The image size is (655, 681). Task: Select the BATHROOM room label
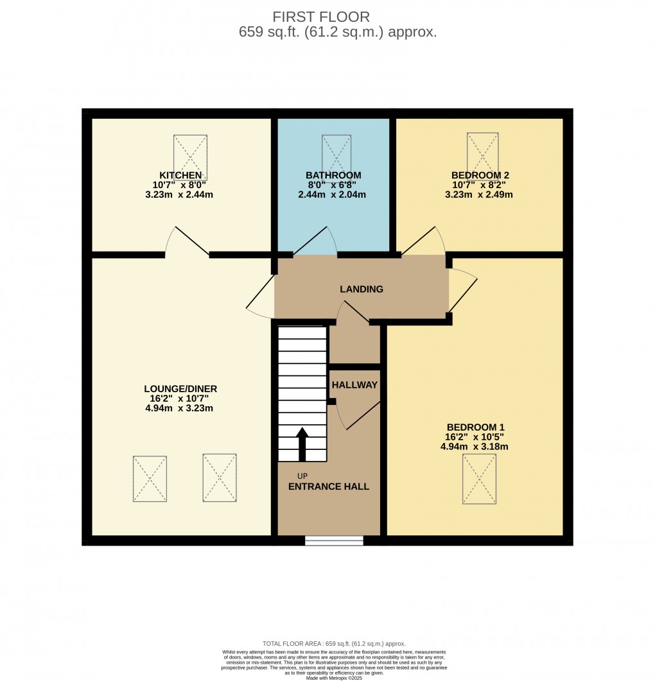tap(333, 175)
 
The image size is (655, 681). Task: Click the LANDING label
tap(362, 289)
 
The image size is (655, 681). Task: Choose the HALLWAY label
tap(354, 384)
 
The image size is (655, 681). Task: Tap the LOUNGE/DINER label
tap(180, 389)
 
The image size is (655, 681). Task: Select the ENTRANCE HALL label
tap(329, 487)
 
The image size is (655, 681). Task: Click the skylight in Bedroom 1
tap(479, 479)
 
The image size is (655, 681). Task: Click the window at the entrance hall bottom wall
tap(334, 540)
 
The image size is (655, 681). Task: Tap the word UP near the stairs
tap(302, 476)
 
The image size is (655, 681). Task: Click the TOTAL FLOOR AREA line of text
tap(334, 644)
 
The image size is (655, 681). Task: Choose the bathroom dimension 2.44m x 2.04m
tap(333, 194)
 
